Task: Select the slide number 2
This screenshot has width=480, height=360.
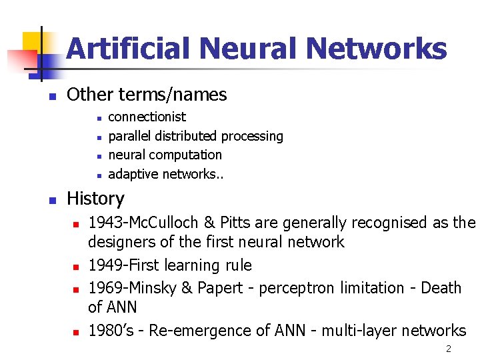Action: [449, 349]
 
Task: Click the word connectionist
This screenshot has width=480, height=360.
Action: [147, 117]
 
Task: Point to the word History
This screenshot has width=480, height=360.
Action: [95, 199]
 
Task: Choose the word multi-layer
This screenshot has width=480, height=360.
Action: [356, 330]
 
